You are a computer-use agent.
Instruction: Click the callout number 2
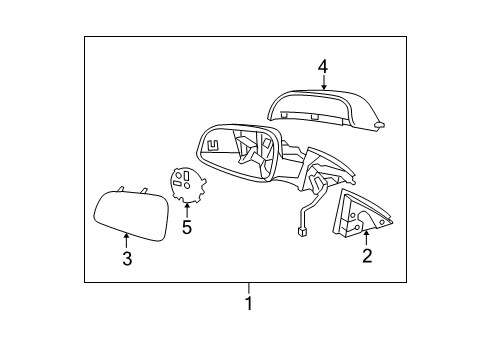(367, 257)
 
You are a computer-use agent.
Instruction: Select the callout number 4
(323, 67)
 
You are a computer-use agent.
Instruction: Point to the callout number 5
(186, 228)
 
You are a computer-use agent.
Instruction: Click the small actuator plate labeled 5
(186, 186)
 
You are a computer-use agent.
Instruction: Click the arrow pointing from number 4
(323, 83)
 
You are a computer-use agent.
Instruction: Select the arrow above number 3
(126, 240)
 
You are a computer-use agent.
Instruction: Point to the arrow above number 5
(186, 210)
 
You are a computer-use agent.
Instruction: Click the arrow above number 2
(366, 237)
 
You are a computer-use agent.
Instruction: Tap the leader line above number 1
(249, 289)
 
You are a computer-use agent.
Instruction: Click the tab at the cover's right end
(380, 126)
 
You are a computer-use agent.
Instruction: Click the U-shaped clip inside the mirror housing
(213, 143)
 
